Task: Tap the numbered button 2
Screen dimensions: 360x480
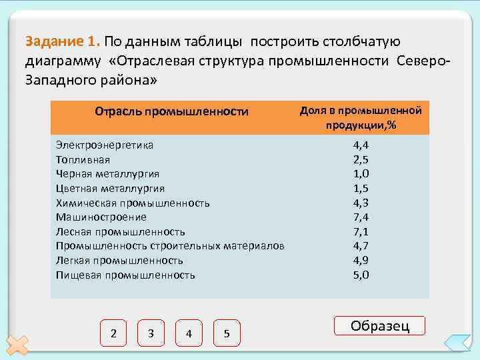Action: click(x=114, y=333)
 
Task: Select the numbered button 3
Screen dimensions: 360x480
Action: click(x=151, y=333)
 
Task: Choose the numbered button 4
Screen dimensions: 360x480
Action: click(x=189, y=333)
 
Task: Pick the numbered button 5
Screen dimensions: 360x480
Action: click(x=227, y=333)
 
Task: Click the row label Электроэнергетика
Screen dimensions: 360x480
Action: click(x=105, y=145)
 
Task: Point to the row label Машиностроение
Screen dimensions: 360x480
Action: click(x=101, y=217)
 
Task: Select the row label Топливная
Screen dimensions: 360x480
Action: click(x=83, y=159)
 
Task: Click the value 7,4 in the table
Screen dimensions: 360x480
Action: click(x=361, y=217)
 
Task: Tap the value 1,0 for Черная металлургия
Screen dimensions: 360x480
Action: click(x=361, y=173)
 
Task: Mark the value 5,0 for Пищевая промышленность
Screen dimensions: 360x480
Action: click(x=361, y=275)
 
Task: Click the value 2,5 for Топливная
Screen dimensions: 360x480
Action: click(x=361, y=159)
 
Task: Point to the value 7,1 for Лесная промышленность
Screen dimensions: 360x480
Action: click(x=361, y=231)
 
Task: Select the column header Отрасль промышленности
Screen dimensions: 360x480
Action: click(x=171, y=111)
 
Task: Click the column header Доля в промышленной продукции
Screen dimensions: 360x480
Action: click(x=361, y=117)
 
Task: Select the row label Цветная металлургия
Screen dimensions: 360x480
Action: click(x=111, y=188)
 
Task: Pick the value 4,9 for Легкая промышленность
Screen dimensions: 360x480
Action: click(x=361, y=260)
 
